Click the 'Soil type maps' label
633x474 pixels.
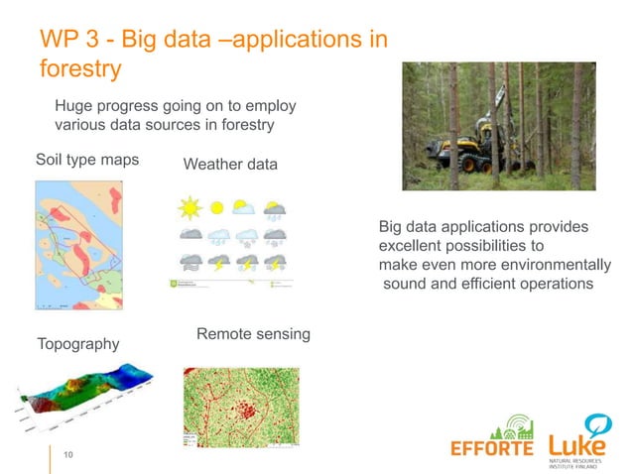pyautogui.click(x=86, y=160)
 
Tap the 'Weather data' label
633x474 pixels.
pyautogui.click(x=230, y=164)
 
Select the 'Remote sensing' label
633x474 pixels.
pyautogui.click(x=253, y=334)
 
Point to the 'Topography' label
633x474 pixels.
pyautogui.click(x=77, y=344)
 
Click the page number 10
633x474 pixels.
pyautogui.click(x=69, y=454)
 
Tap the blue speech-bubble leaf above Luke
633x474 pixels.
pyautogui.click(x=597, y=425)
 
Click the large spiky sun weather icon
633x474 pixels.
pyautogui.click(x=188, y=209)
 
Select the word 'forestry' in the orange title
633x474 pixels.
pyautogui.click(x=79, y=69)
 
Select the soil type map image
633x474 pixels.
pyautogui.click(x=79, y=234)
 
